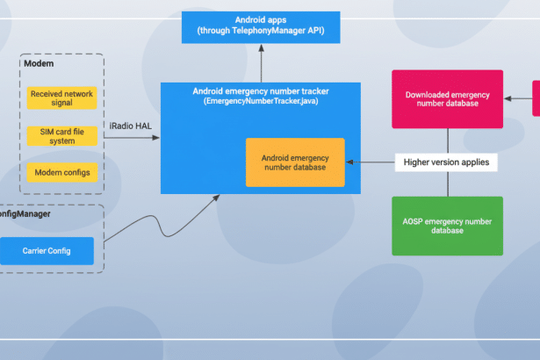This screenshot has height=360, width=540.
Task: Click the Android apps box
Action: [260, 25]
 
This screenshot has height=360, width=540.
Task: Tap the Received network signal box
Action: [61, 98]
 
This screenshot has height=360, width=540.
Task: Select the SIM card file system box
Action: [61, 136]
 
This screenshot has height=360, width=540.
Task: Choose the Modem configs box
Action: [61, 172]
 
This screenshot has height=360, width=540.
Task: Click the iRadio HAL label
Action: [131, 126]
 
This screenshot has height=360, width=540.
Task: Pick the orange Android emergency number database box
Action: [295, 162]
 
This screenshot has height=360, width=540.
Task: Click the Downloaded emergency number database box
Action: [447, 98]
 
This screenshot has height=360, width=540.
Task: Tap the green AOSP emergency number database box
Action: [447, 226]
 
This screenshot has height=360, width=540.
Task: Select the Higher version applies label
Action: [447, 162]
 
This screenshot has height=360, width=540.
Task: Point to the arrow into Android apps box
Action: [260, 61]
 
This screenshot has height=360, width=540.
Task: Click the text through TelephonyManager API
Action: [260, 32]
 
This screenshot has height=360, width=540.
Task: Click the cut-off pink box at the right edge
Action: [536, 98]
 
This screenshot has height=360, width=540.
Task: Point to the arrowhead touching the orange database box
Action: [349, 162]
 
